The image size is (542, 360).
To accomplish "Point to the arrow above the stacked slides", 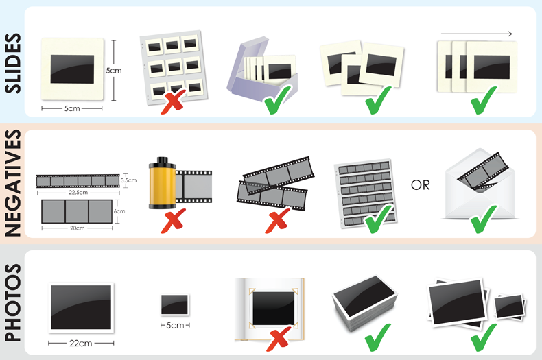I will point(476,32).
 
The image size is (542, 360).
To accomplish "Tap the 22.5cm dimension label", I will point(78,193).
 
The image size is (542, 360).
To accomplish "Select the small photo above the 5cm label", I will point(174,304).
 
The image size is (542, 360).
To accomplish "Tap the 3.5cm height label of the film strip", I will point(128,180).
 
